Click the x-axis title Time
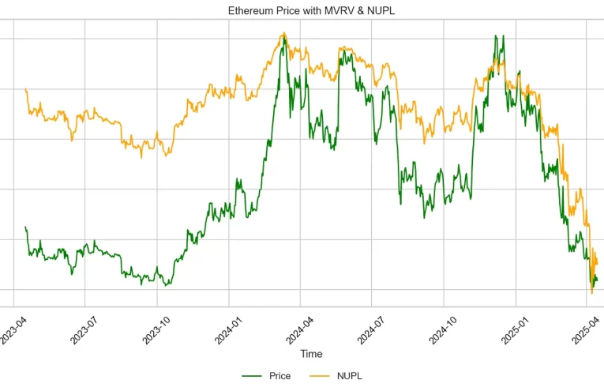(x=311, y=354)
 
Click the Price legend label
(x=279, y=376)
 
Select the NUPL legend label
(x=350, y=376)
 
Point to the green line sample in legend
(x=253, y=376)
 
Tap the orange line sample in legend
(x=321, y=376)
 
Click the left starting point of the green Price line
(x=26, y=227)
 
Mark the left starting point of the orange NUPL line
(x=26, y=89)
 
